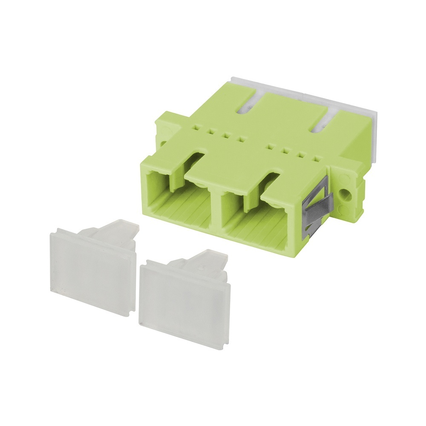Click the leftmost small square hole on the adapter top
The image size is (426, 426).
[196, 126]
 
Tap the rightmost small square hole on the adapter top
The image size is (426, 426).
[316, 160]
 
